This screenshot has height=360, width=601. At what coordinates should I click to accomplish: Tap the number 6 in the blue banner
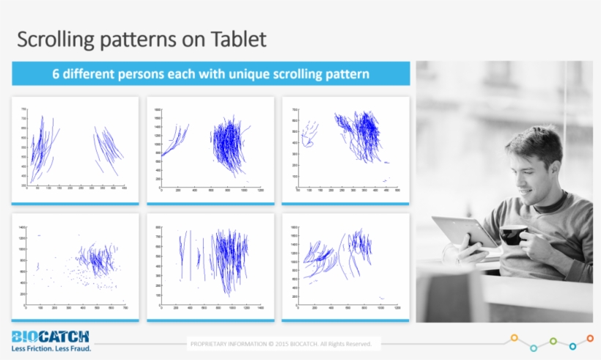pyautogui.click(x=55, y=74)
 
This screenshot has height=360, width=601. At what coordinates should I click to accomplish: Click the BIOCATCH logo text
pyautogui.click(x=51, y=337)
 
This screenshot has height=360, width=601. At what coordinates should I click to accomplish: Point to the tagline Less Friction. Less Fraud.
pyautogui.click(x=51, y=348)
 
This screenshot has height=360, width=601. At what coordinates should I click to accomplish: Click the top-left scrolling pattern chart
pyautogui.click(x=75, y=150)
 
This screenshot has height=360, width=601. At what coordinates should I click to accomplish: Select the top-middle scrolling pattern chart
pyautogui.click(x=210, y=150)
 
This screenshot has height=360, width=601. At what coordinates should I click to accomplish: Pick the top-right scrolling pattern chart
pyautogui.click(x=345, y=150)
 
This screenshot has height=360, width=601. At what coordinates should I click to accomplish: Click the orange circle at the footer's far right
pyautogui.click(x=590, y=338)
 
